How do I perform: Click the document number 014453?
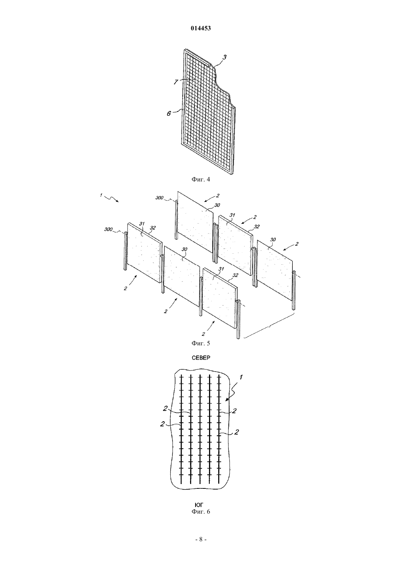coord(201,28)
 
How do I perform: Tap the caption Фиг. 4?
coord(201,180)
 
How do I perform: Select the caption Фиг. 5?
coord(201,344)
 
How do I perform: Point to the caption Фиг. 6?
coord(201,511)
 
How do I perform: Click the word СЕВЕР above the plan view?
coord(201,358)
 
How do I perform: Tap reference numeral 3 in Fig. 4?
coord(224,57)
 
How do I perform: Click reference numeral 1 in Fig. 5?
coord(101,195)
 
